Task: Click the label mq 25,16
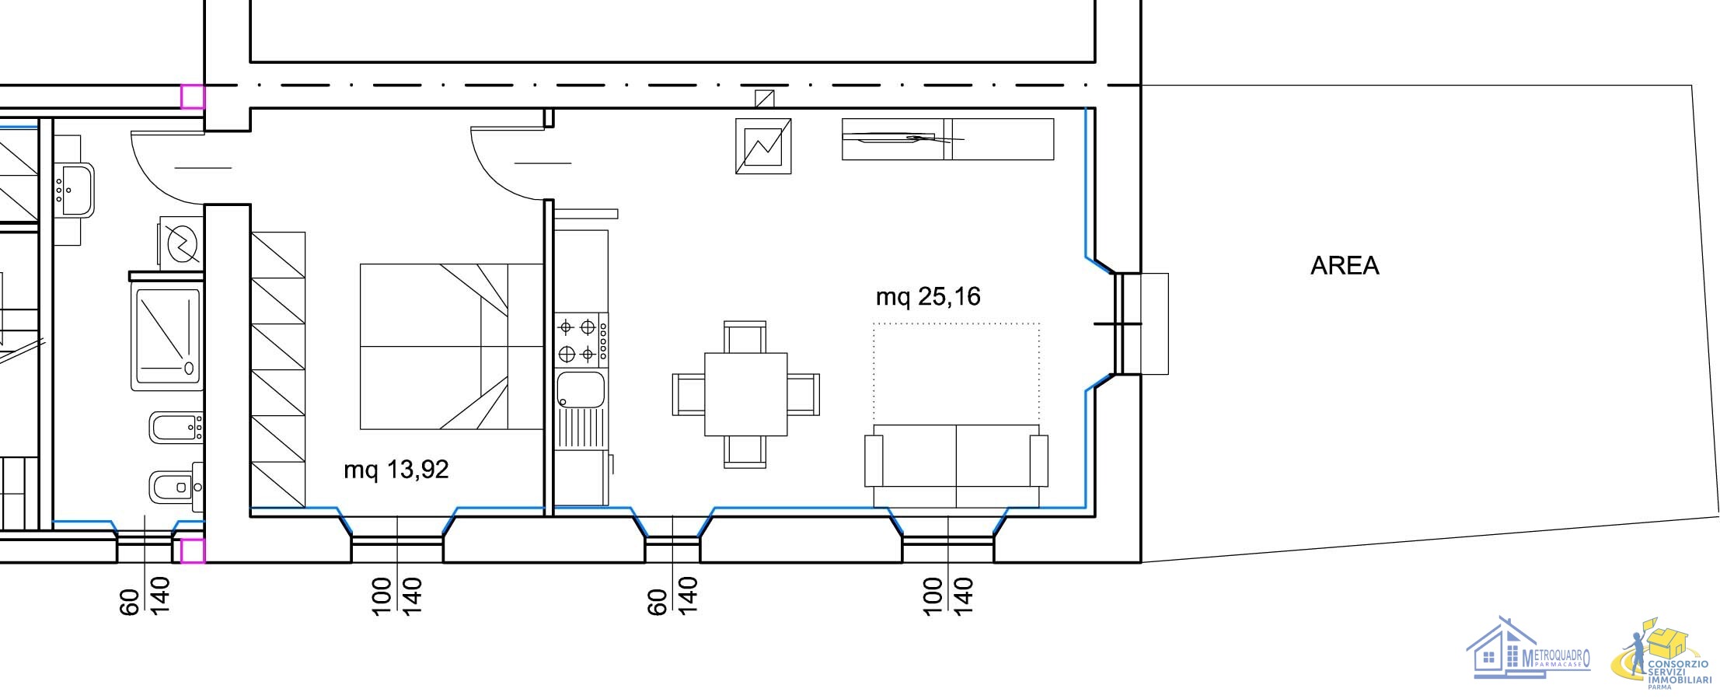pyautogui.click(x=928, y=296)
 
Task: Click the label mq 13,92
pyautogui.click(x=396, y=470)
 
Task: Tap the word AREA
pyautogui.click(x=1345, y=266)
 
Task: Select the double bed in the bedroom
pyautogui.click(x=451, y=347)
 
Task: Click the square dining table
pyautogui.click(x=746, y=394)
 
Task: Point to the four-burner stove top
pyautogui.click(x=581, y=341)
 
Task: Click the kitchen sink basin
pyautogui.click(x=581, y=390)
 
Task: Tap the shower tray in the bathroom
pyautogui.click(x=168, y=338)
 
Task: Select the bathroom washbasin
pyautogui.click(x=75, y=189)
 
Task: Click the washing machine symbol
pyautogui.click(x=182, y=243)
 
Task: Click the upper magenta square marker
pyautogui.click(x=193, y=96)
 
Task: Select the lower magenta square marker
pyautogui.click(x=193, y=550)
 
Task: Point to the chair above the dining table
pyautogui.click(x=745, y=337)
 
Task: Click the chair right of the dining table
pyautogui.click(x=804, y=394)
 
